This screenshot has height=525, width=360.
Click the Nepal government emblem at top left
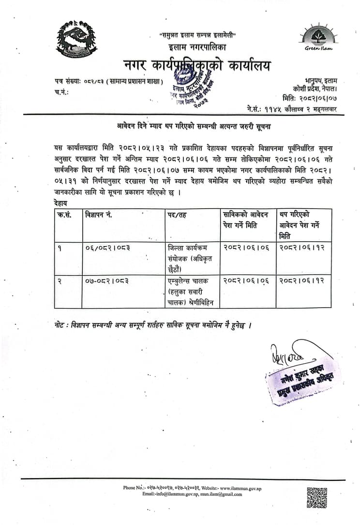click(x=75, y=40)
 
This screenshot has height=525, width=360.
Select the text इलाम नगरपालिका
click(x=197, y=47)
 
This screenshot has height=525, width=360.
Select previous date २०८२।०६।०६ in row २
click(x=246, y=281)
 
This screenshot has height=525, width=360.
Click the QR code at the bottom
click(x=317, y=497)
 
